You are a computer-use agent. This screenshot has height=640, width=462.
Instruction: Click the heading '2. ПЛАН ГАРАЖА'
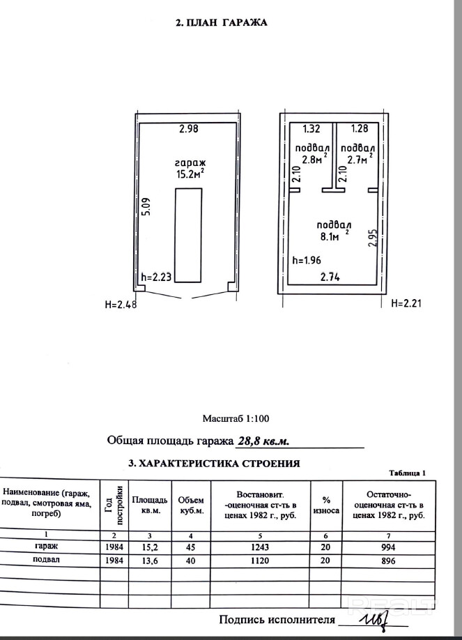tap(221, 22)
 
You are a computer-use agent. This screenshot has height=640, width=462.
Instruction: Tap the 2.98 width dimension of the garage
tap(188, 128)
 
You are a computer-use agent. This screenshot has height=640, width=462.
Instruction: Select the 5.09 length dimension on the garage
tap(146, 208)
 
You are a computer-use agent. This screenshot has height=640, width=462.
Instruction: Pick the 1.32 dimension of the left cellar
tap(311, 128)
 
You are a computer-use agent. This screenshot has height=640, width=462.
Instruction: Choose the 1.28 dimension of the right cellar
tap(359, 128)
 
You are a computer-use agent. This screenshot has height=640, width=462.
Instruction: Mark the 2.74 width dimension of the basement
tap(330, 277)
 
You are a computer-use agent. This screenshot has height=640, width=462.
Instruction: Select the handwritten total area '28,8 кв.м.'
tap(263, 441)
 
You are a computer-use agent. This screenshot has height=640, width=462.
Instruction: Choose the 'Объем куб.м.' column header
tap(190, 505)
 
